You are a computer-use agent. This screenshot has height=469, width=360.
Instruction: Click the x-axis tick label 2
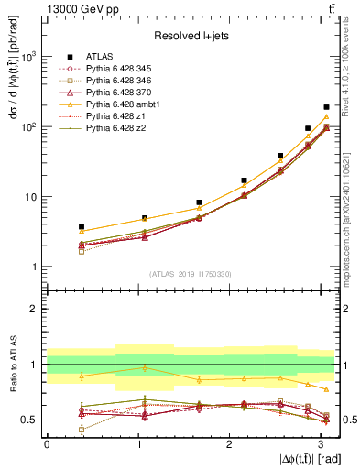pos(230,444)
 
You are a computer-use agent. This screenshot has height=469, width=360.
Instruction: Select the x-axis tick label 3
pos(322,444)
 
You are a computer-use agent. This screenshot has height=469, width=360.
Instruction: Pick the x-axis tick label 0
pos(47,444)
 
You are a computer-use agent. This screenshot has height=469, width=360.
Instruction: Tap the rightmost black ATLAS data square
pos(326,107)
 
